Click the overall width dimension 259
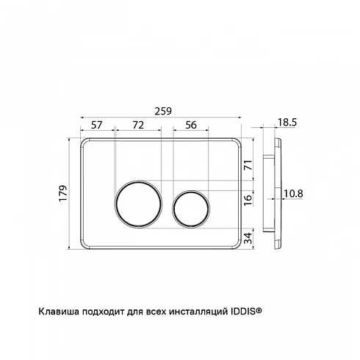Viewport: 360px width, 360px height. point(163,111)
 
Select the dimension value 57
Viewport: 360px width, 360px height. point(96,125)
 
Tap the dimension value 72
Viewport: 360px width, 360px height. point(138,125)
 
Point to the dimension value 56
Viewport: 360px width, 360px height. point(191,125)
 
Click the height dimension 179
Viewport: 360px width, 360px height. point(63,193)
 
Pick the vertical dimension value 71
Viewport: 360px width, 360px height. point(248,165)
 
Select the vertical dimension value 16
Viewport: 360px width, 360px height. point(248,200)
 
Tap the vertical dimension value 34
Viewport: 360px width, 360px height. point(248,238)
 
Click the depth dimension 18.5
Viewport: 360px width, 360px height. point(287,122)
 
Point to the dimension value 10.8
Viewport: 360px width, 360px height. point(293,194)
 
